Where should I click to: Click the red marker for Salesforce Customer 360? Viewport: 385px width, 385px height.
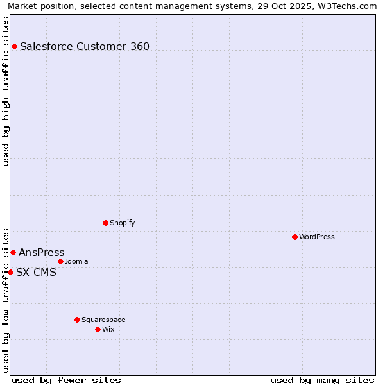pyautogui.click(x=14, y=46)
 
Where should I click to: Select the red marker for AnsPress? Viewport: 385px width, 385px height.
pyautogui.click(x=13, y=252)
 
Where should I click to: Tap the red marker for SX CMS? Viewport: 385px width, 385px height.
pyautogui.click(x=10, y=272)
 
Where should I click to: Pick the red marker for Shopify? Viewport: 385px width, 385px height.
pyautogui.click(x=105, y=223)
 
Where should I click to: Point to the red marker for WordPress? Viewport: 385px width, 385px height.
pyautogui.click(x=295, y=237)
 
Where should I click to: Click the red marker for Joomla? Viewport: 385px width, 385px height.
pyautogui.click(x=60, y=261)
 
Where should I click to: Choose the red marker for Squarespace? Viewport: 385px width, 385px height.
pyautogui.click(x=77, y=320)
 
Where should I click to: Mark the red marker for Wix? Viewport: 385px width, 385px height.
pyautogui.click(x=98, y=329)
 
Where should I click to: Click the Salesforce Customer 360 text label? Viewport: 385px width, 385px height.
pyautogui.click(x=85, y=46)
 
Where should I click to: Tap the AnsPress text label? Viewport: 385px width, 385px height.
pyautogui.click(x=42, y=252)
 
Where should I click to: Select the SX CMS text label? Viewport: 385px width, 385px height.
pyautogui.click(x=36, y=272)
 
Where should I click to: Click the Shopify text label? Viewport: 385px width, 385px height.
pyautogui.click(x=122, y=223)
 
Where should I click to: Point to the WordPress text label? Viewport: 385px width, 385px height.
pyautogui.click(x=317, y=237)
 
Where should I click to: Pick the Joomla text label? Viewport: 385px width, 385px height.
pyautogui.click(x=76, y=261)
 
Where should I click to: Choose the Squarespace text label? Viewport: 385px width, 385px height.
pyautogui.click(x=103, y=320)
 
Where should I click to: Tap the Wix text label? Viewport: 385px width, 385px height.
pyautogui.click(x=108, y=329)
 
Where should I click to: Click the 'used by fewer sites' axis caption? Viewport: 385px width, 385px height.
pyautogui.click(x=66, y=380)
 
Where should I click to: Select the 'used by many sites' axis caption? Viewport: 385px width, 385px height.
pyautogui.click(x=322, y=380)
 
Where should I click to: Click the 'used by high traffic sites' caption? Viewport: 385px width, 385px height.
pyautogui.click(x=6, y=91)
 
